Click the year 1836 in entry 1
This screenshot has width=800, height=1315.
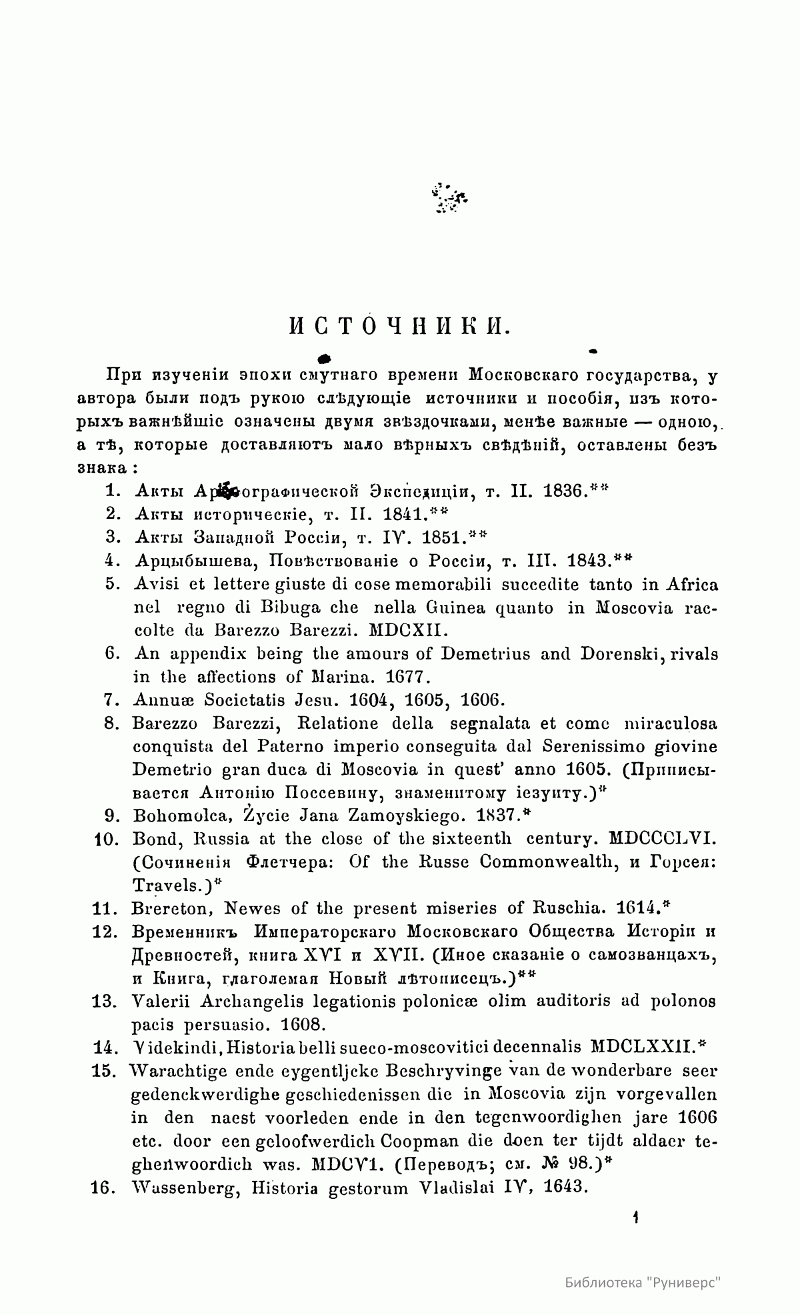(x=566, y=491)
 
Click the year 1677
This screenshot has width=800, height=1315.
(x=409, y=678)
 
